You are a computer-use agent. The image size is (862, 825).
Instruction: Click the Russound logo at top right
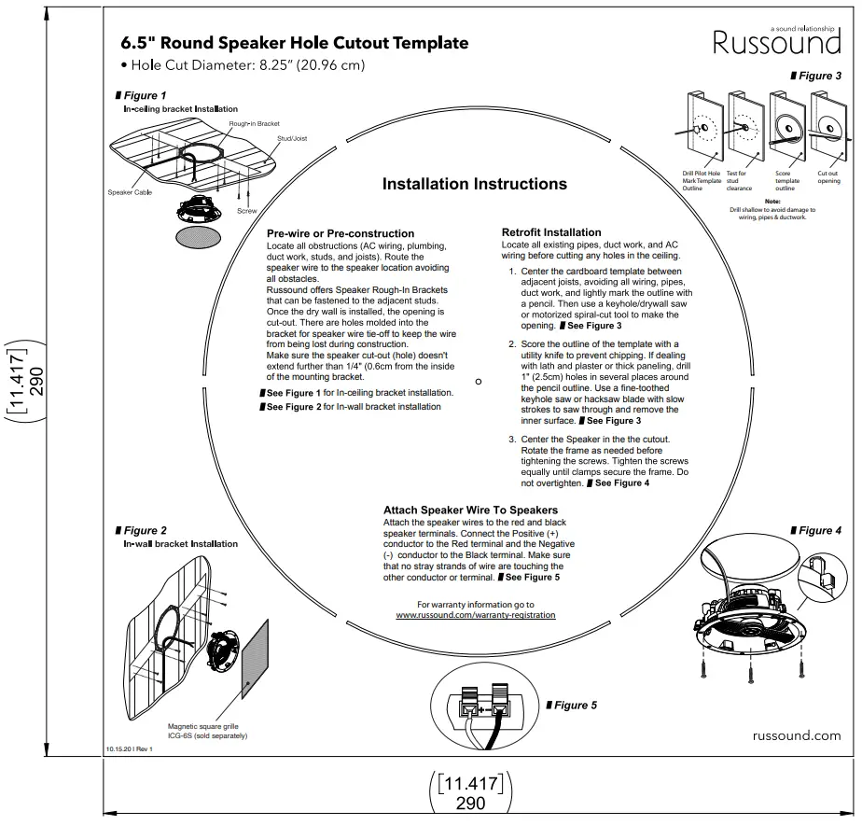point(776,43)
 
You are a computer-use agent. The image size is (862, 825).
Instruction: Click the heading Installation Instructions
point(474,184)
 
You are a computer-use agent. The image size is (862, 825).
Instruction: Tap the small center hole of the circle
point(479,381)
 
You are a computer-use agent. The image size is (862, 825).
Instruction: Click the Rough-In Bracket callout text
point(254,123)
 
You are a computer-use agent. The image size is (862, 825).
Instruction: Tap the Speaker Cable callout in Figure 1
point(130,192)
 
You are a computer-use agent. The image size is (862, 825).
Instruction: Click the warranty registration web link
point(475,615)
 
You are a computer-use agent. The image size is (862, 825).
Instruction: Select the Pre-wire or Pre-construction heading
point(341,233)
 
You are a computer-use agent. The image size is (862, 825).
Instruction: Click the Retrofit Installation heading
point(551,232)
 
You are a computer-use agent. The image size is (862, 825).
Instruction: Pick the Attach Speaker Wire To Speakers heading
point(470,510)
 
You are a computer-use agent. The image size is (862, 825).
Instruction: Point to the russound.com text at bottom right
point(796,735)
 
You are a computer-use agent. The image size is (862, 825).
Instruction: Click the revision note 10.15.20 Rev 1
point(129,748)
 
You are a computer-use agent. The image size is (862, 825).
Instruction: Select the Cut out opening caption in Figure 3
point(828,176)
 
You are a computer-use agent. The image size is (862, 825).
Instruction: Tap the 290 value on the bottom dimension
point(470,803)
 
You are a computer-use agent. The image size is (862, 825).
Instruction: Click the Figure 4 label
point(819,530)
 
